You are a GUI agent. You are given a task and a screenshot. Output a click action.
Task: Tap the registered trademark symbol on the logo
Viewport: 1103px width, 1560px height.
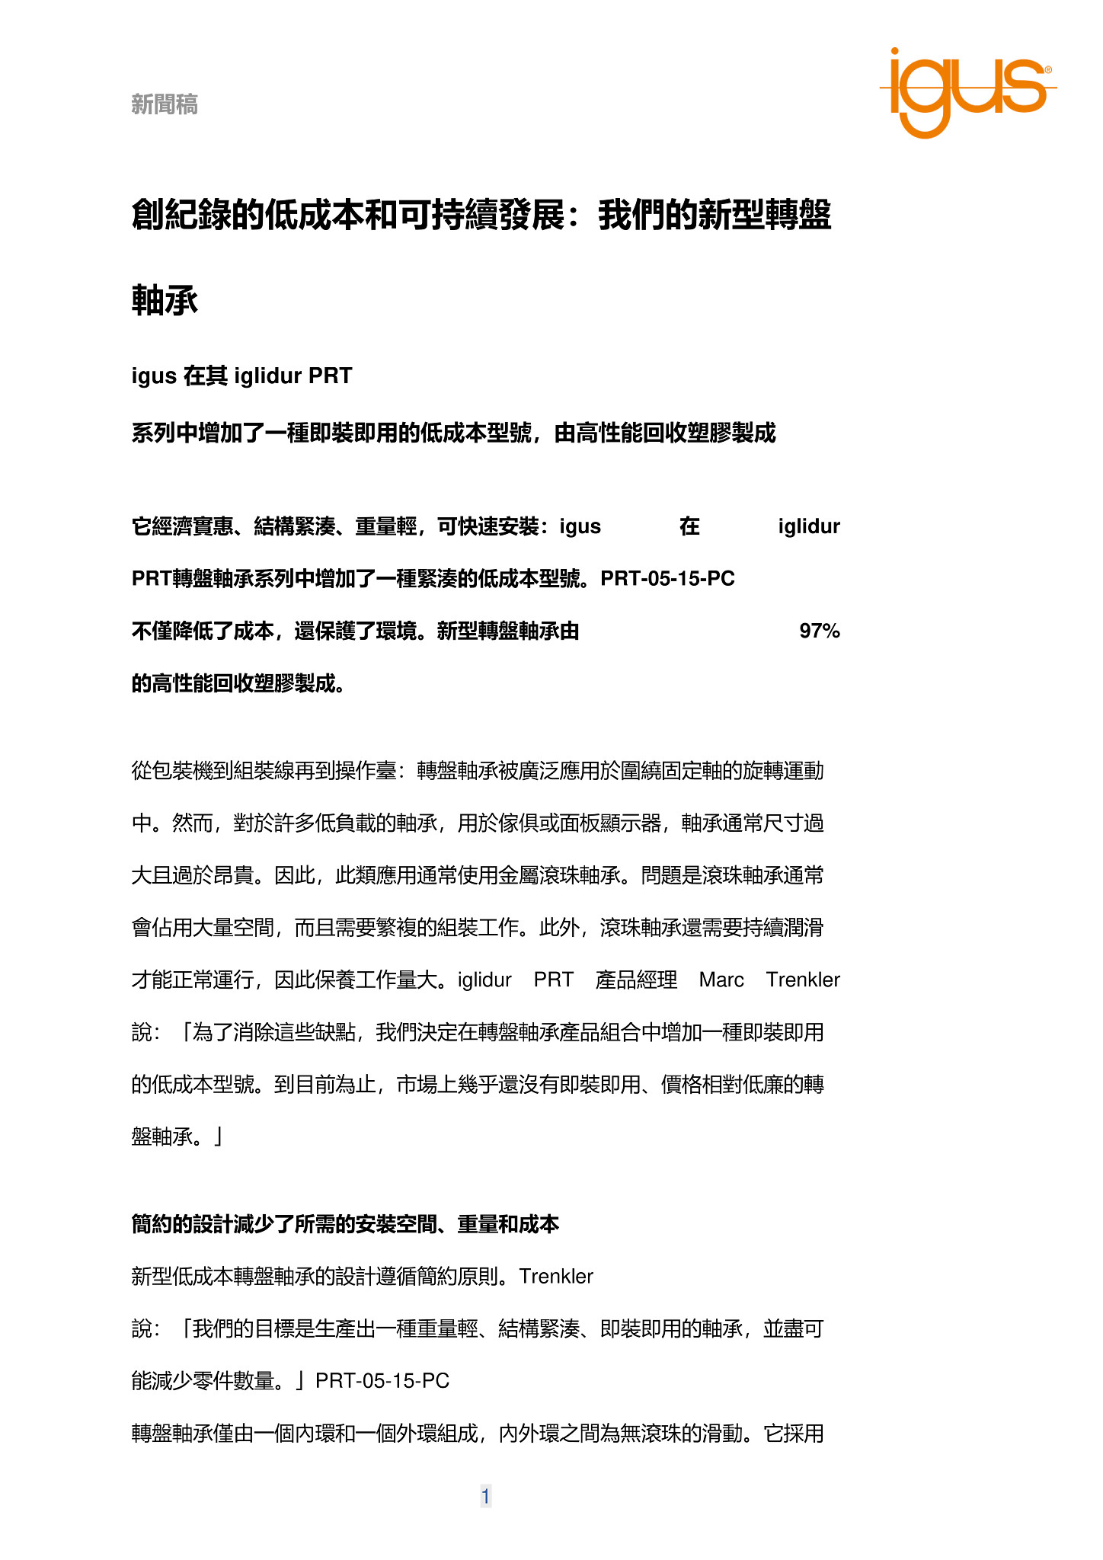(x=1048, y=70)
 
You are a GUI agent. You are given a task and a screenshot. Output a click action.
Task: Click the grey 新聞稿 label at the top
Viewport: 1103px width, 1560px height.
(x=165, y=104)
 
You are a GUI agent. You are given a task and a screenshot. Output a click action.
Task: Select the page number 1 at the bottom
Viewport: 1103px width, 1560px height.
(x=485, y=1496)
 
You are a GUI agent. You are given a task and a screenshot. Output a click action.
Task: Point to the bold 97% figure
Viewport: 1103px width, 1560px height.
(x=819, y=631)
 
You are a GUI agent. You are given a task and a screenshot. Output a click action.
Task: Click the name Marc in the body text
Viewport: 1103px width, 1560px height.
(x=721, y=980)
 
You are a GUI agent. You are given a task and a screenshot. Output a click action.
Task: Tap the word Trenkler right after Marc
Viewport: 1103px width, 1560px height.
(x=802, y=980)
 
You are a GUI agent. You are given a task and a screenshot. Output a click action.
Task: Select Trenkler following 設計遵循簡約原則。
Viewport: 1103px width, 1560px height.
(x=556, y=1276)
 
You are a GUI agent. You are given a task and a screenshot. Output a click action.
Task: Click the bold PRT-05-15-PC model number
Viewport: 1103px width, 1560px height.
(x=667, y=579)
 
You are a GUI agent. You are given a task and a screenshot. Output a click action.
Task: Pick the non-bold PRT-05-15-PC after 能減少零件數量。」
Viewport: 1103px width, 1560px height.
(x=382, y=1380)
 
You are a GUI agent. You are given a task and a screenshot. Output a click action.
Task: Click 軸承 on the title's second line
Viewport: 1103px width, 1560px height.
(x=165, y=300)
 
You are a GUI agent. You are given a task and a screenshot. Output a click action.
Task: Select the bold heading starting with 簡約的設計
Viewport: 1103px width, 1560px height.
(x=345, y=1224)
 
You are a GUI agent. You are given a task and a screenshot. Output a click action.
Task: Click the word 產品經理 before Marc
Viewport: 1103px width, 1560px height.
(x=636, y=980)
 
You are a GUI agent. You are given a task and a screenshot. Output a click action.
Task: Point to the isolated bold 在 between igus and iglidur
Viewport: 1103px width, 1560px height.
(x=689, y=526)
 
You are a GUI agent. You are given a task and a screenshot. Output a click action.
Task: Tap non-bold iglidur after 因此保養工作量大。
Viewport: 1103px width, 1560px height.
(x=484, y=980)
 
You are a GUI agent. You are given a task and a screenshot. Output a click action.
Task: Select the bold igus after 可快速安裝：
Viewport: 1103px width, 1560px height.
(x=580, y=526)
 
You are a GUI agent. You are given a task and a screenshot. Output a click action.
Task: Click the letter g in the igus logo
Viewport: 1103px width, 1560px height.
(x=927, y=99)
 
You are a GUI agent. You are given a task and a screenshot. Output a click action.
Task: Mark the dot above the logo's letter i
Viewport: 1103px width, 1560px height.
(x=895, y=53)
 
